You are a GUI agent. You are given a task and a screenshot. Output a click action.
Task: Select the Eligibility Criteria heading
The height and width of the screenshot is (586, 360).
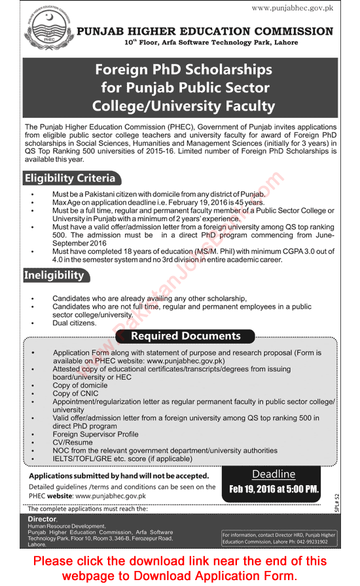pos(69,178)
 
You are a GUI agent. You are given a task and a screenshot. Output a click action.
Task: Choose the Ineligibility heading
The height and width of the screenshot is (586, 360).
pos(54,275)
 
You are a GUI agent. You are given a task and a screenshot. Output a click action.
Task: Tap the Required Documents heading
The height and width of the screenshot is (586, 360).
pos(185,336)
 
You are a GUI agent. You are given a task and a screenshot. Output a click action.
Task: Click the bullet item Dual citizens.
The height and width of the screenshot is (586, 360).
pos(75,323)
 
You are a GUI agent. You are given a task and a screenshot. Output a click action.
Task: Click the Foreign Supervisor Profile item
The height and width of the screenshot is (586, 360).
pos(96,433)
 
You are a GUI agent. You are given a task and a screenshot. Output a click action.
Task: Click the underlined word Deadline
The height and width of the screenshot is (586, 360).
pos(274,474)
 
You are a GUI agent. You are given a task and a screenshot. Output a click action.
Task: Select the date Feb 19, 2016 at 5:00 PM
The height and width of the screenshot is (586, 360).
pos(274,489)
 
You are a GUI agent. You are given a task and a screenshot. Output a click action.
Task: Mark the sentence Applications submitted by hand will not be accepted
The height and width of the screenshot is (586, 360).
pos(119,476)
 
